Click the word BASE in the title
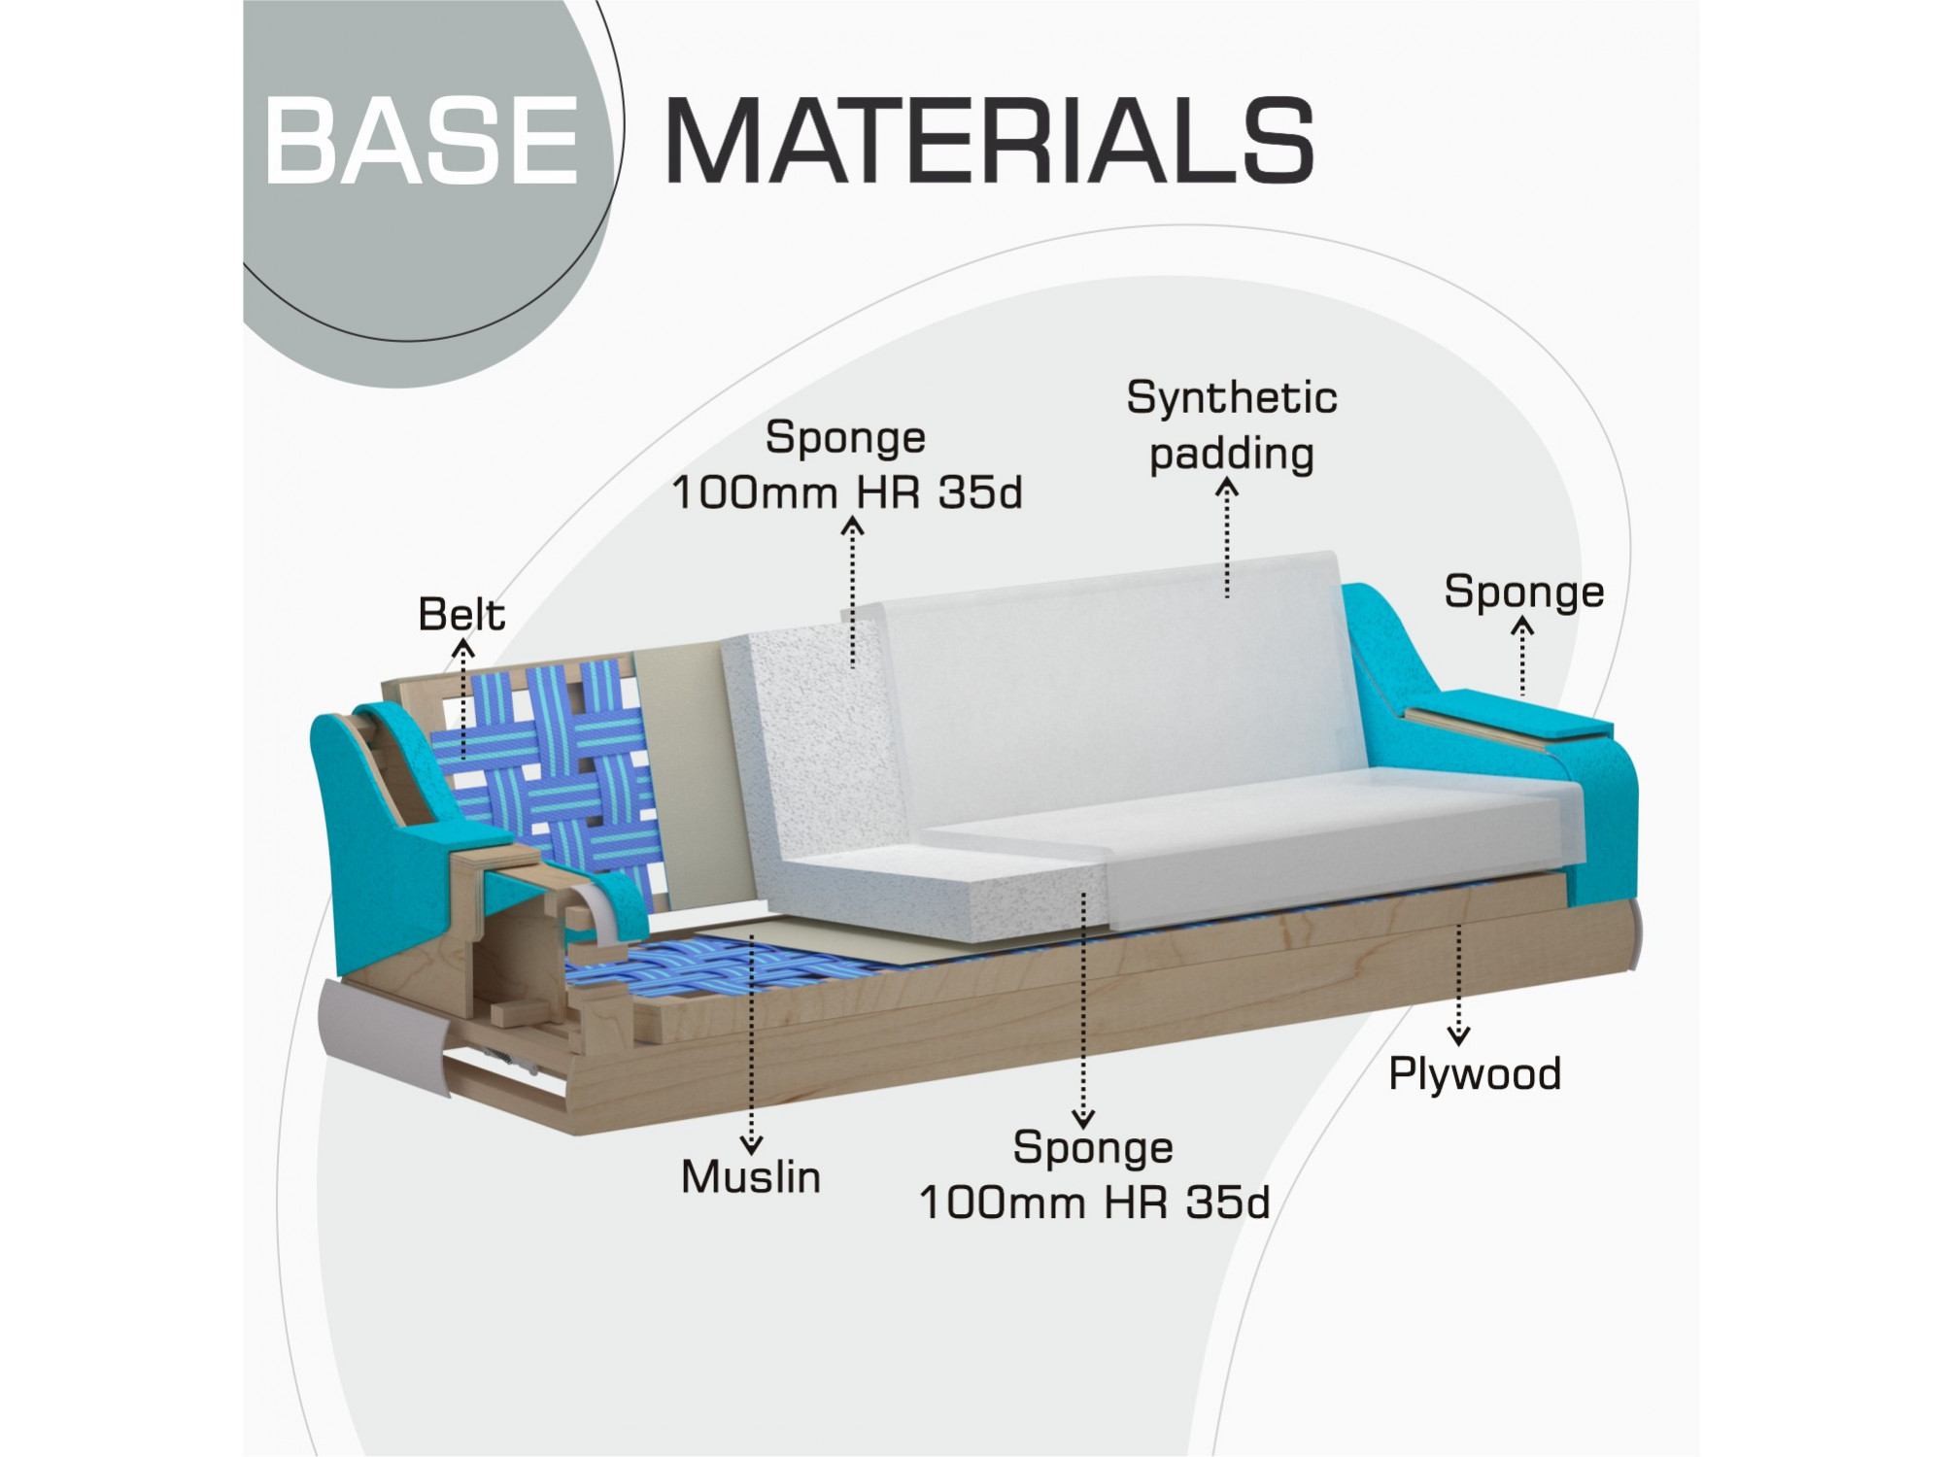pos(422,140)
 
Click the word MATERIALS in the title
pos(989,140)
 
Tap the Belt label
pos(461,614)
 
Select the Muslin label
pos(751,1176)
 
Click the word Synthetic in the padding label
pos(1232,398)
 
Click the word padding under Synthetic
pos(1232,455)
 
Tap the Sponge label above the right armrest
pos(1523,593)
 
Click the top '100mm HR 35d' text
pos(847,492)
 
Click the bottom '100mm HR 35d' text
pos(1095,1203)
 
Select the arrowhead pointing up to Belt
pos(464,646)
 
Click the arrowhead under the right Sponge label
pos(1522,626)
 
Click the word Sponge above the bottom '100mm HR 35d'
pos(1093,1148)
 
